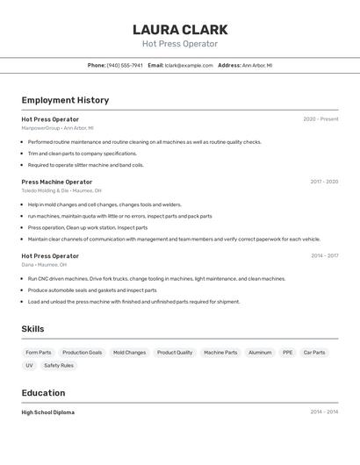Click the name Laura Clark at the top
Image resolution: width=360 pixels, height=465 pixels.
180,29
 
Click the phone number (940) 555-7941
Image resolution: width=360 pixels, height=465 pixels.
125,65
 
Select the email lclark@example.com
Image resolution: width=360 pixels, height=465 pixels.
189,65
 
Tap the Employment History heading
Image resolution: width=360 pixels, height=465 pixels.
65,100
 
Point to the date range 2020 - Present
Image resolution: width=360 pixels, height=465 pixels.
320,119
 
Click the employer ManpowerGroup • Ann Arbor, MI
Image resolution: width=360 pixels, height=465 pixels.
57,128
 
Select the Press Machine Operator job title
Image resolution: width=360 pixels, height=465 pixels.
56,182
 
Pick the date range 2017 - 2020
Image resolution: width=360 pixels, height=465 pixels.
324,182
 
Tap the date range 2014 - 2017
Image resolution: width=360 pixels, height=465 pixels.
324,256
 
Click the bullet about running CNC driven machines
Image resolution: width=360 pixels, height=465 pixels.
156,279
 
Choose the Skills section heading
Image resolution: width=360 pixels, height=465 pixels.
32,329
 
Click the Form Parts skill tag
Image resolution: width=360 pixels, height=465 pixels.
38,353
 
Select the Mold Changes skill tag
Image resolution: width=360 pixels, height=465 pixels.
129,353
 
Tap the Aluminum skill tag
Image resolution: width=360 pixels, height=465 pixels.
260,353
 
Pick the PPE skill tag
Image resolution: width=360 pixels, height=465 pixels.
287,353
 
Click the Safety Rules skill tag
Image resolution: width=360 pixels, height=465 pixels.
59,365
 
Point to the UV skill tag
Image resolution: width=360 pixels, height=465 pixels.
29,365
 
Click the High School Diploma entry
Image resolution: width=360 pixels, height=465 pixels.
47,412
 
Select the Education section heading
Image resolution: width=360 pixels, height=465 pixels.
43,393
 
